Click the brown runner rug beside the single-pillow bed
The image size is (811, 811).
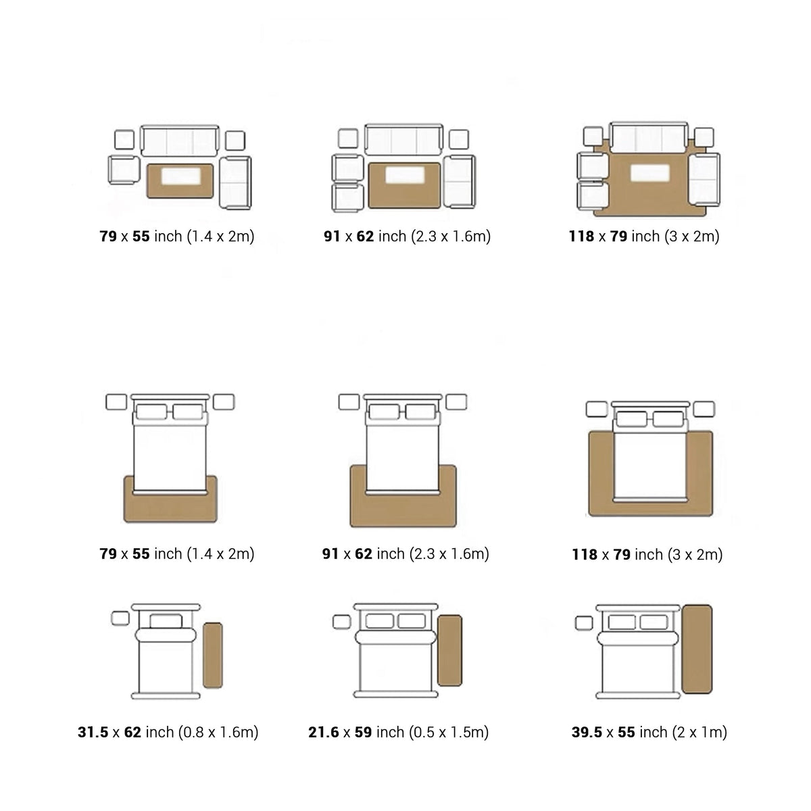[212, 656]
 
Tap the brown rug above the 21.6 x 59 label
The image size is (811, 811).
[450, 650]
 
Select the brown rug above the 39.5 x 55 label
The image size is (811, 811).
[697, 649]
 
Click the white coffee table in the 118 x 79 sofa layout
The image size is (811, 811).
[649, 173]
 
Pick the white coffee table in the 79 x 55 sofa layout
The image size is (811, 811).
[180, 176]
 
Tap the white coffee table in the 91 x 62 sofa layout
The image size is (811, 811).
[404, 175]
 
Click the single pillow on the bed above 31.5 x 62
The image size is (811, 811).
[166, 621]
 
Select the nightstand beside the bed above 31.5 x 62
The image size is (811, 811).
[120, 618]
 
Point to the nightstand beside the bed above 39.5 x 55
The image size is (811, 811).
[584, 623]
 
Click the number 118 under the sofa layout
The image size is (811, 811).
[581, 237]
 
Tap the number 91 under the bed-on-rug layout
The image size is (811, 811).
[330, 554]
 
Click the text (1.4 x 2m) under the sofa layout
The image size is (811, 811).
[220, 237]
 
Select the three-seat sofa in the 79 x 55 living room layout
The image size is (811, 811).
[180, 141]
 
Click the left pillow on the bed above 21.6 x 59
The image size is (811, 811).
[379, 621]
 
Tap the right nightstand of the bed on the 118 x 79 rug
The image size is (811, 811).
[704, 409]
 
